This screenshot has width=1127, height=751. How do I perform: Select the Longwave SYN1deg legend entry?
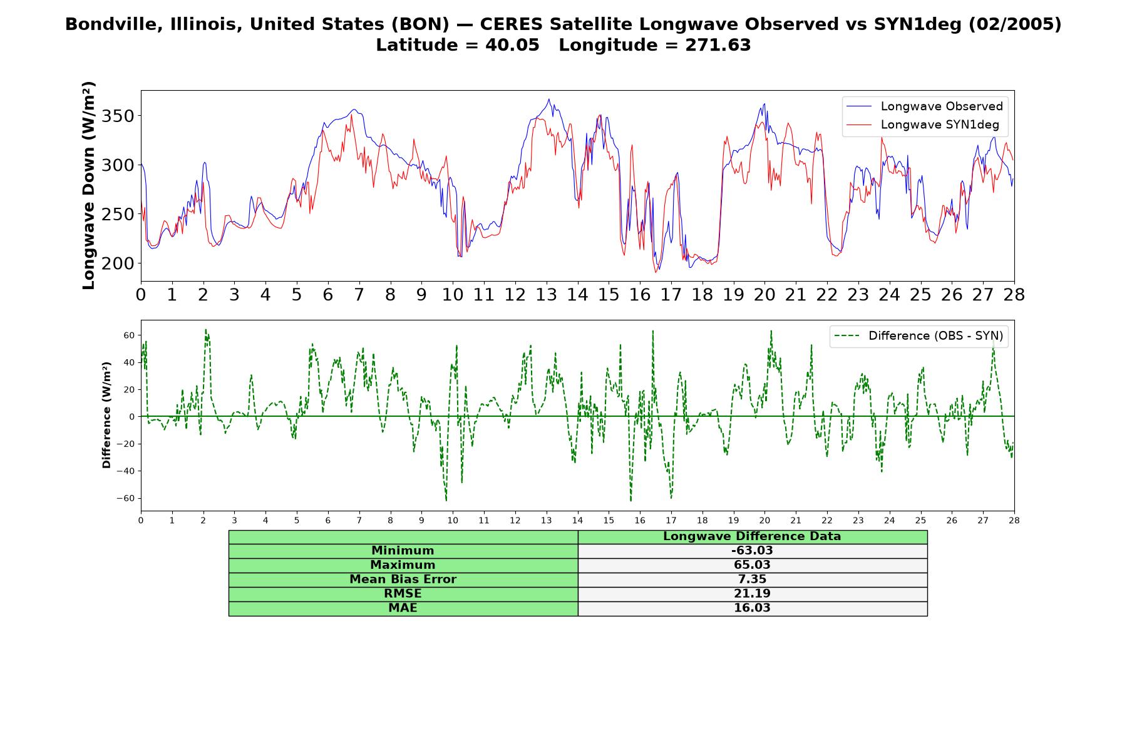923,125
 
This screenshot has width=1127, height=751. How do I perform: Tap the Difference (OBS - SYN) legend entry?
919,336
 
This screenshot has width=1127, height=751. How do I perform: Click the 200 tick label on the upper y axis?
118,263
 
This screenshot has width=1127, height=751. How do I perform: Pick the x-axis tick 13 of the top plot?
546,295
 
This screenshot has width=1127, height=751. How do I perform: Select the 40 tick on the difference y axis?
128,362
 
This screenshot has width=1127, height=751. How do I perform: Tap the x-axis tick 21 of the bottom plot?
795,521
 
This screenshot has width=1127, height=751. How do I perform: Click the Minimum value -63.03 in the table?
752,551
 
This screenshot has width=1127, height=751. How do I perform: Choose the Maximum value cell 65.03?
752,565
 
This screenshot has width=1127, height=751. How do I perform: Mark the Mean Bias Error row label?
403,580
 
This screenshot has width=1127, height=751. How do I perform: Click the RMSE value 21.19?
752,594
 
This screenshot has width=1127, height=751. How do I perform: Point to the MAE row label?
403,608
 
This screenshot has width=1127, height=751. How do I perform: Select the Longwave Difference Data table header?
752,536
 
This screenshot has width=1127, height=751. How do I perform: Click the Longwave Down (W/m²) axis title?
89,185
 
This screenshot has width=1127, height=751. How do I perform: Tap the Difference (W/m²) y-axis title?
106,415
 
